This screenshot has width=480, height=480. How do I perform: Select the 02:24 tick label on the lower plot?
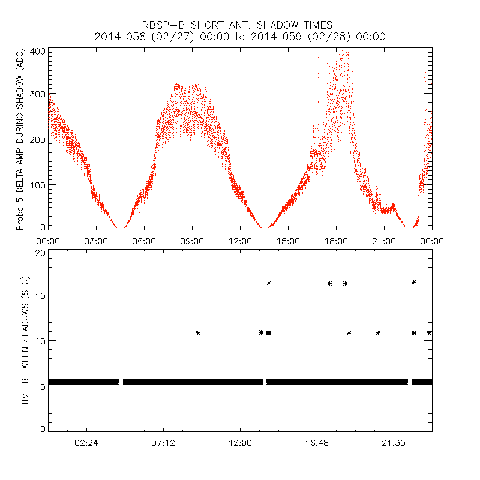(x=86, y=443)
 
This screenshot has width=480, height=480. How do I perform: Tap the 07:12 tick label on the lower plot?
(x=163, y=443)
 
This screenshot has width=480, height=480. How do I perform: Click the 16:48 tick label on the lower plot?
(x=317, y=443)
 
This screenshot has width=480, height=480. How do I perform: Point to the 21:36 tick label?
(x=394, y=443)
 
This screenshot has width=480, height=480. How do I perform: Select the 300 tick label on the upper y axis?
(x=38, y=95)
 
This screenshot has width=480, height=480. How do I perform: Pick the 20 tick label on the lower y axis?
(x=41, y=253)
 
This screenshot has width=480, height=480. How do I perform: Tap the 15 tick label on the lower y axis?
(x=41, y=295)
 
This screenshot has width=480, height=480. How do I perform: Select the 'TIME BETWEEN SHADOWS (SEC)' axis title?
(x=25, y=341)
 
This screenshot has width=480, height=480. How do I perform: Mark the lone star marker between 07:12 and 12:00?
(x=197, y=332)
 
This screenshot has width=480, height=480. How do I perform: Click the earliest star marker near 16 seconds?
(x=269, y=283)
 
